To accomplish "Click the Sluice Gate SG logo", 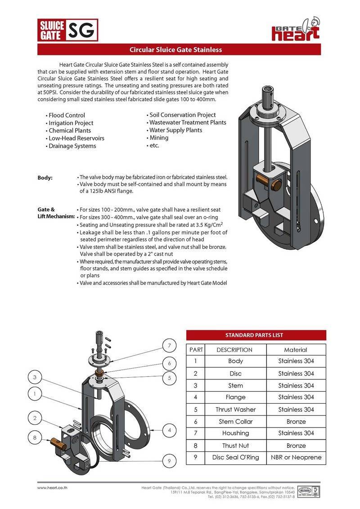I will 67,31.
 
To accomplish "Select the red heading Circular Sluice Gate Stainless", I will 175,50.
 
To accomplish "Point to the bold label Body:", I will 45,178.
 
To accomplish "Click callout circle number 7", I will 169,346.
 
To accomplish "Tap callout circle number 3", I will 34,377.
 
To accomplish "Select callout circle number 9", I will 169,461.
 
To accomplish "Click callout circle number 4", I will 169,430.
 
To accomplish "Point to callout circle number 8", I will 34,437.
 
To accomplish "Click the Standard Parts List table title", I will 256,335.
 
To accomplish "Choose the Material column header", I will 296,350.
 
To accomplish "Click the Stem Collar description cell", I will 235,422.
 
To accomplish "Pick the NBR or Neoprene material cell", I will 296,457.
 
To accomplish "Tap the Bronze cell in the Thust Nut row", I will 296,446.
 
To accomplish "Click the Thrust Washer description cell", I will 235,410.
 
